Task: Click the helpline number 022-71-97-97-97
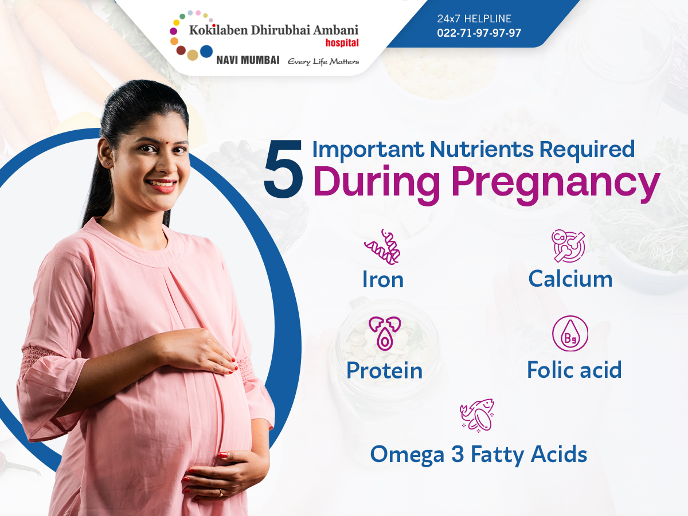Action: click(x=479, y=33)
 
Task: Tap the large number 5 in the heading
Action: click(x=284, y=169)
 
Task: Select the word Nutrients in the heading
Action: click(x=482, y=149)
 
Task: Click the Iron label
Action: click(x=383, y=279)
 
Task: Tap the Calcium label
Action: click(x=570, y=279)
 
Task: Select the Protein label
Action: click(x=385, y=370)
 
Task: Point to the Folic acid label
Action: click(x=574, y=370)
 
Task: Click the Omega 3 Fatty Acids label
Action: click(x=478, y=454)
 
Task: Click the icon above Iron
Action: click(x=382, y=247)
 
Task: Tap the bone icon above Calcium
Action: click(x=569, y=246)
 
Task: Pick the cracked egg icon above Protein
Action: click(x=384, y=333)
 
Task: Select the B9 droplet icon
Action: click(x=570, y=333)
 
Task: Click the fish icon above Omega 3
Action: click(x=477, y=416)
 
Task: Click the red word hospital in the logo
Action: click(x=342, y=42)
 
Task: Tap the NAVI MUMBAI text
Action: click(x=248, y=60)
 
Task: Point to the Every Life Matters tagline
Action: click(x=323, y=61)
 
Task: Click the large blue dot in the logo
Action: click(x=206, y=52)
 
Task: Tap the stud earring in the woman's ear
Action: click(x=107, y=163)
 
